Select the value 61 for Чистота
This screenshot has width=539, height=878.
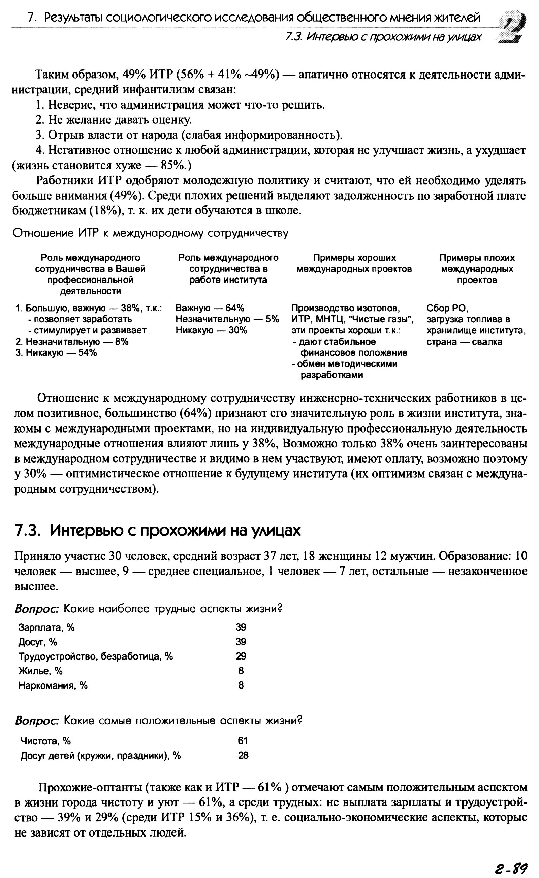coord(243,741)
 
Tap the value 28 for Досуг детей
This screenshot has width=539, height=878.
coord(243,755)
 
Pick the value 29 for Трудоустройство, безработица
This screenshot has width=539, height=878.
coord(241,656)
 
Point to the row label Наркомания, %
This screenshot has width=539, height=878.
coord(53,685)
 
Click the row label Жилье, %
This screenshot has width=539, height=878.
coord(40,671)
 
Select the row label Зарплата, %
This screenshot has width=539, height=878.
coord(46,627)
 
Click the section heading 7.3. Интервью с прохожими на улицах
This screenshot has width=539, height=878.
coord(158,531)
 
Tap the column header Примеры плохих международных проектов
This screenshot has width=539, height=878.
coord(477,269)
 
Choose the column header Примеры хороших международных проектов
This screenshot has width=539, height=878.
coord(354,263)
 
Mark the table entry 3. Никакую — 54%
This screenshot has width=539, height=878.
coord(56,353)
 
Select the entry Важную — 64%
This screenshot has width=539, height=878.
coord(210,308)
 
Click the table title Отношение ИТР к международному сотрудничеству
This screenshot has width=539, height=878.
coord(151,233)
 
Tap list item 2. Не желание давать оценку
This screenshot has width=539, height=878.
coord(114,120)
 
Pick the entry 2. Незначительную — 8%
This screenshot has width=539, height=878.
coord(72,342)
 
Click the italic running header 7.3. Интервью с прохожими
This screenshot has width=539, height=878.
coord(383,37)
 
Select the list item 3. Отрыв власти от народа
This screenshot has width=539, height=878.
coord(189,135)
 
